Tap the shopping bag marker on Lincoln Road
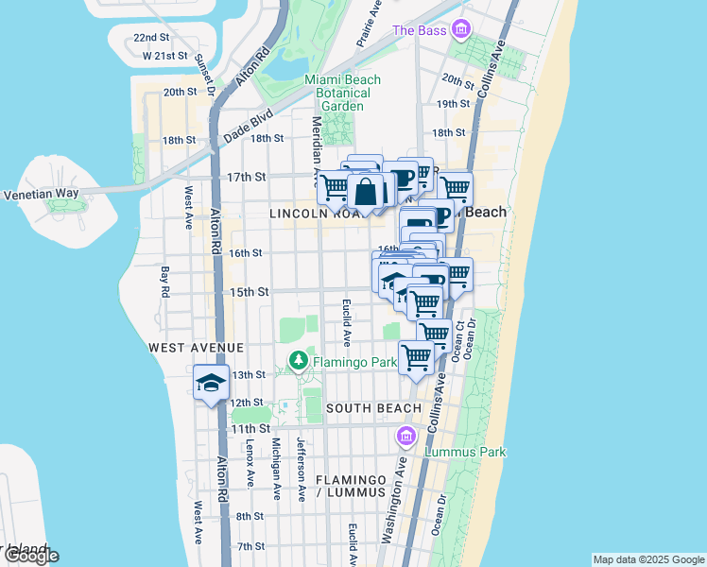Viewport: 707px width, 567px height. click(x=366, y=192)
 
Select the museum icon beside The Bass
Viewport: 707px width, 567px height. click(x=460, y=30)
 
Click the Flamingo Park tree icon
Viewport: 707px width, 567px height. click(x=299, y=359)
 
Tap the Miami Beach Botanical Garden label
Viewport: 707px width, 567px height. click(x=342, y=93)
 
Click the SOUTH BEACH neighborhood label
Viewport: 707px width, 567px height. click(x=373, y=408)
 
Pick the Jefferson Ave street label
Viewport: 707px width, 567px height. click(x=301, y=469)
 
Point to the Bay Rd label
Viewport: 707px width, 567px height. click(x=164, y=281)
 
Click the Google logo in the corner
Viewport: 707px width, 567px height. click(x=30, y=556)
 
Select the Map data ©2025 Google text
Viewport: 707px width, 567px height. click(x=647, y=559)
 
